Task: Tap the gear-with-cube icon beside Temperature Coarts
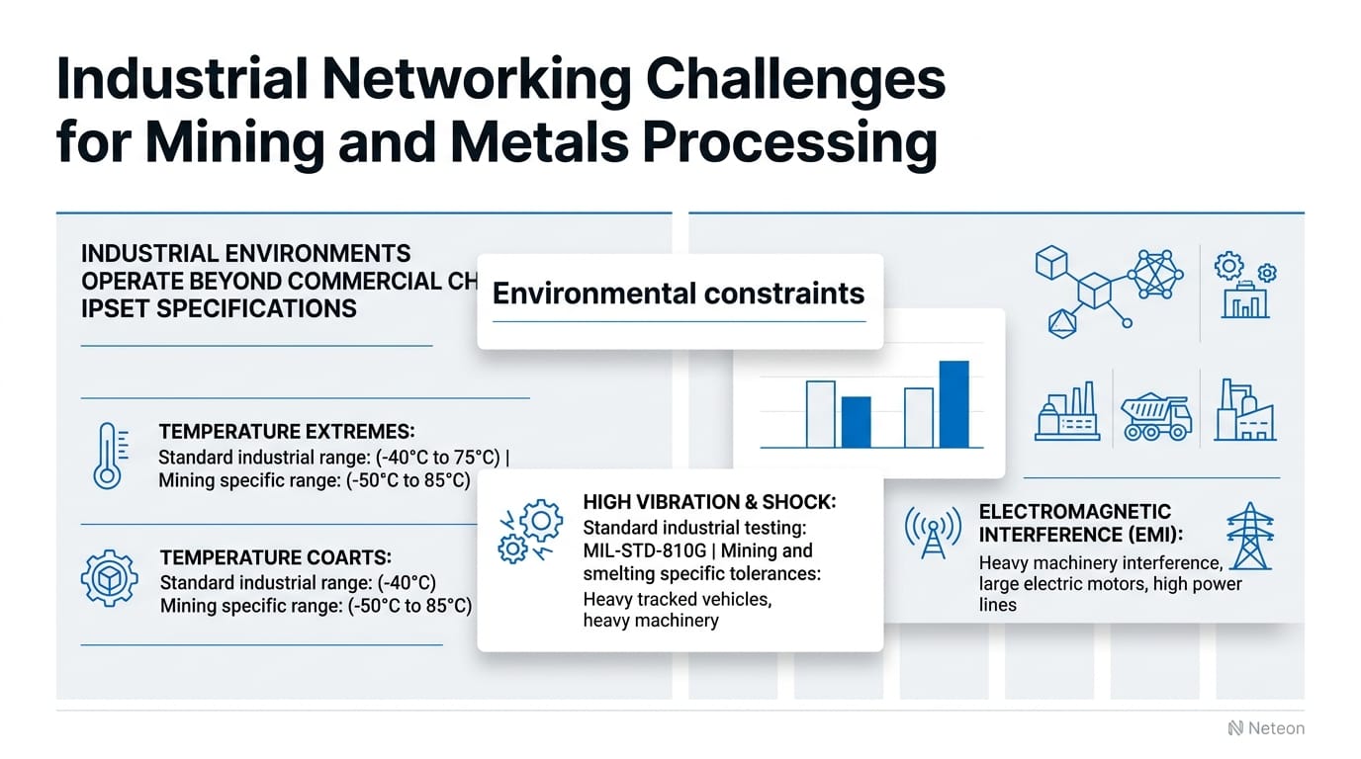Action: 108,579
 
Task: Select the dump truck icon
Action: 1156,416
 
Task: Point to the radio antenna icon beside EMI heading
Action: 933,534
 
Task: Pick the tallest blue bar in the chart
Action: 953,403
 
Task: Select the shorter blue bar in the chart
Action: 856,421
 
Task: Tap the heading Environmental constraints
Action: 679,294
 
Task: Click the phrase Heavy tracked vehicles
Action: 677,599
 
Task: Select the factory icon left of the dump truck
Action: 1067,412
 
